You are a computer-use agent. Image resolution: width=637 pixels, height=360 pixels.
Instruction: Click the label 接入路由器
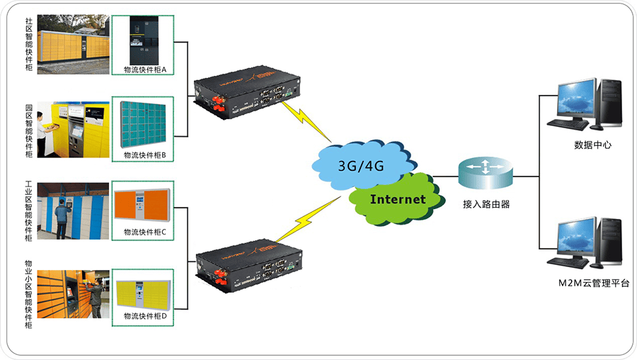[486, 204]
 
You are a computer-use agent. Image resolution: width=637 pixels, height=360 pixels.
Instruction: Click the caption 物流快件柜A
[144, 70]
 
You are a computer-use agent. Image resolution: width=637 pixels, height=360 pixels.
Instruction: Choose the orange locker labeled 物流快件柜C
[144, 206]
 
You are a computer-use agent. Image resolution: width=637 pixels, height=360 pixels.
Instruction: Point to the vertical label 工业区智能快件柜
[28, 211]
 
